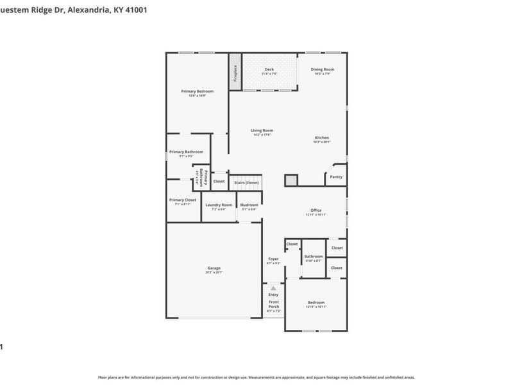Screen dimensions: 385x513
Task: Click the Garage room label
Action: [214, 268]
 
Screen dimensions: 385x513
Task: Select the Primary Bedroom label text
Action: [197, 91]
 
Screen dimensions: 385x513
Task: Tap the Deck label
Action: [269, 69]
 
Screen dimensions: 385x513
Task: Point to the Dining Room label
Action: [322, 69]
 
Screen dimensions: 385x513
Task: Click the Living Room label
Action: [262, 130]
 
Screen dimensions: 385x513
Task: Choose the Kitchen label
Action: [321, 138]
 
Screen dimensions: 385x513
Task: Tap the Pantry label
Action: [336, 176]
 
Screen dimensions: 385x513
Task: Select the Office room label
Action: [315, 210]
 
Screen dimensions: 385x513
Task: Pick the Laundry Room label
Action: [219, 205]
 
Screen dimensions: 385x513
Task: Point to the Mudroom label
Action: [249, 205]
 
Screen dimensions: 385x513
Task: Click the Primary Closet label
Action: [183, 200]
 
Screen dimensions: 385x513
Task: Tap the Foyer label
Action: [273, 259]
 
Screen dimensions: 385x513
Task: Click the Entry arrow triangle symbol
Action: [273, 288]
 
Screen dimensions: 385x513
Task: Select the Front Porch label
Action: [274, 304]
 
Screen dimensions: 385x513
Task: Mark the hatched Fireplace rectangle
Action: [235, 73]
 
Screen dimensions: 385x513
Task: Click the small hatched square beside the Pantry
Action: [292, 180]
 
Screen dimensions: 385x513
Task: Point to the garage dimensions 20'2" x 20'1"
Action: [214, 273]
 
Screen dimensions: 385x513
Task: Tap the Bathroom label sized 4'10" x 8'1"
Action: [314, 256]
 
